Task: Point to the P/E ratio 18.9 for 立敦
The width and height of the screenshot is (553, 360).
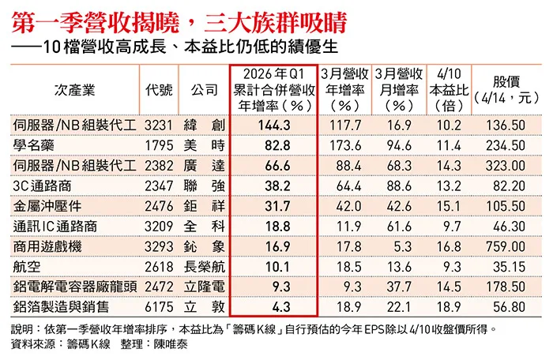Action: point(447,305)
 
